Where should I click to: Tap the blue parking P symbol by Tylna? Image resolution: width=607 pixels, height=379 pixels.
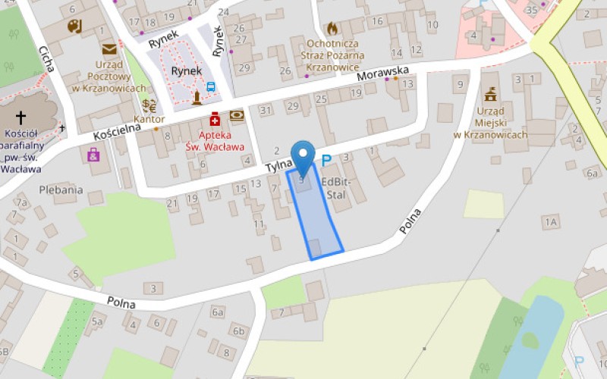[x=327, y=160]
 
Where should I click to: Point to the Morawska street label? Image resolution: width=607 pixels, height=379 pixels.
[x=382, y=74]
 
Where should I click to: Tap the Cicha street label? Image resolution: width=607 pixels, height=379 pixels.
[x=47, y=58]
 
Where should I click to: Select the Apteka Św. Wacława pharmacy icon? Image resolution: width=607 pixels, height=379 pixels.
[x=215, y=118]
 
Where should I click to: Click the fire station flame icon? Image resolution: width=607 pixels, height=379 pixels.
[x=332, y=29]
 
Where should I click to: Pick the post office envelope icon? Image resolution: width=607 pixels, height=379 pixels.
[x=109, y=50]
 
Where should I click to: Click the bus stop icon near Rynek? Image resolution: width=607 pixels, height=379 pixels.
[x=210, y=86]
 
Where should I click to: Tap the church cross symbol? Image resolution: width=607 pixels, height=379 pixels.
[x=20, y=117]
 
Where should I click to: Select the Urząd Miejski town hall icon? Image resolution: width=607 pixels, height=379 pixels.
[x=490, y=96]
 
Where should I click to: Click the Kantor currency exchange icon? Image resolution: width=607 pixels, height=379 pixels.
[x=149, y=105]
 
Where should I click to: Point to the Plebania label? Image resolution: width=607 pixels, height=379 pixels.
[x=61, y=189]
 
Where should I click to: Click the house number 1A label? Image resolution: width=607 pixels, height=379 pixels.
[x=550, y=221]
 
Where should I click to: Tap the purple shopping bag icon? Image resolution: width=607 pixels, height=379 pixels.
[x=93, y=155]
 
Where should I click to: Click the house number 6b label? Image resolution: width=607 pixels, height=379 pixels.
[x=240, y=330]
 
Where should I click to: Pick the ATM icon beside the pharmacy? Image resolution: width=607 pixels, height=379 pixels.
[x=237, y=115]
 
